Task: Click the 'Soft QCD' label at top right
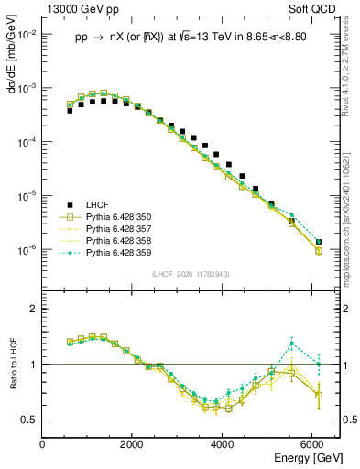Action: point(315,10)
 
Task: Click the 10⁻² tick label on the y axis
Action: point(27,34)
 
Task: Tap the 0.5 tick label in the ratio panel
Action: point(30,420)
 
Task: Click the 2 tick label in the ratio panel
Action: point(35,310)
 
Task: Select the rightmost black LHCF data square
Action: point(318,242)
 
